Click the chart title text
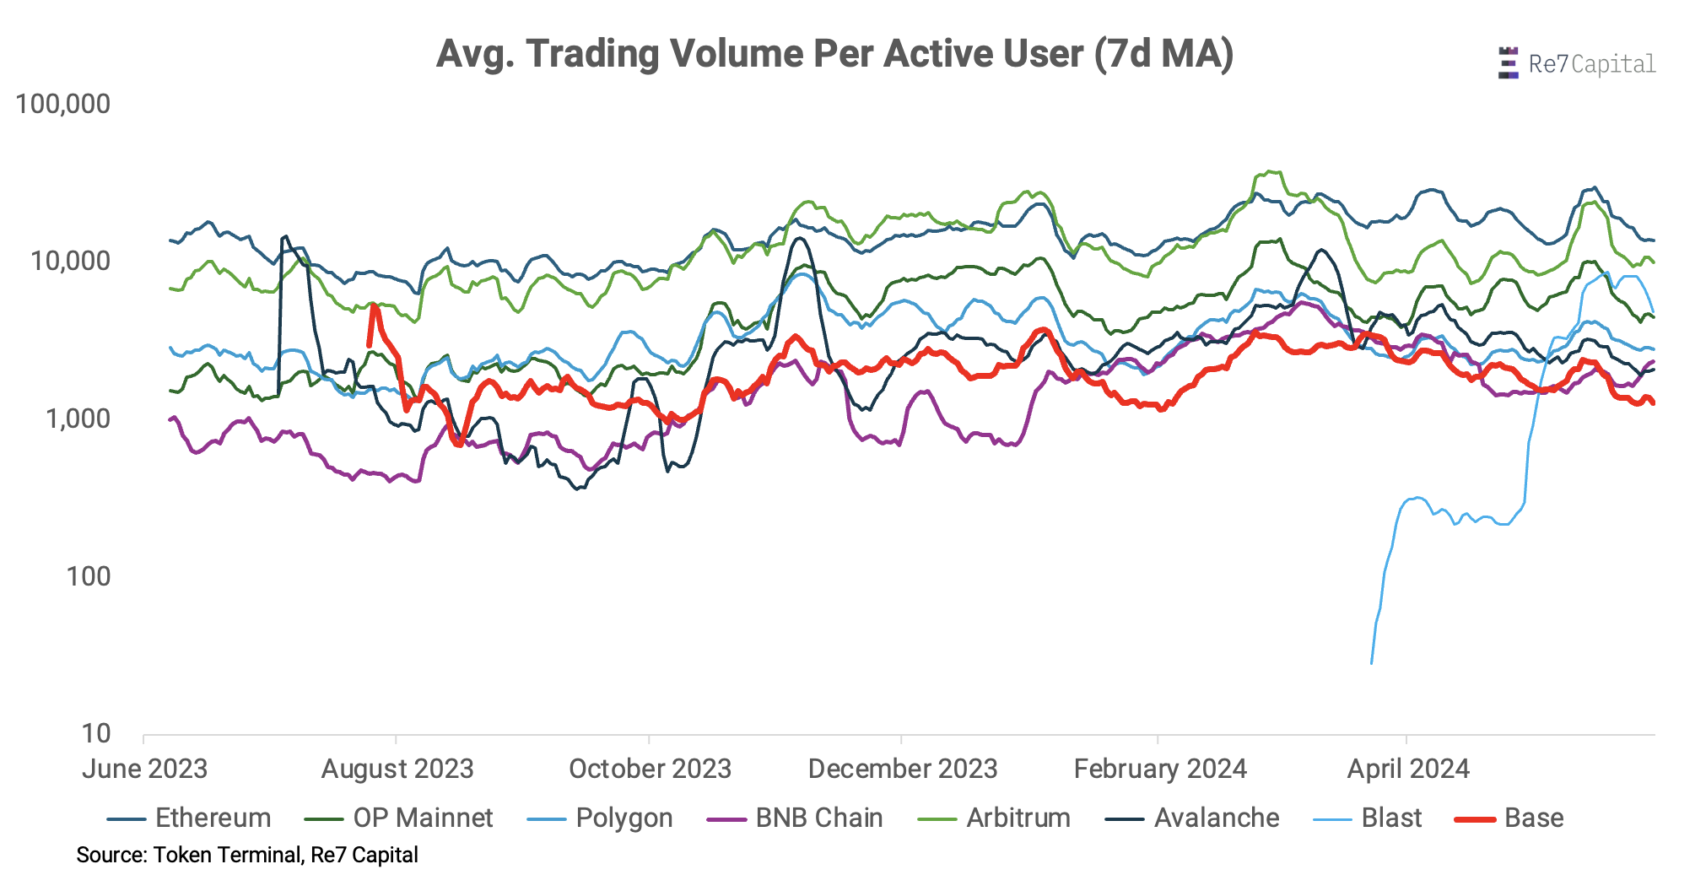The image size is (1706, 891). pyautogui.click(x=834, y=54)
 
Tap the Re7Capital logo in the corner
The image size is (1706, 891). pyautogui.click(x=1576, y=64)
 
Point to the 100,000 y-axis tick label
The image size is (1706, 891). pyautogui.click(x=63, y=105)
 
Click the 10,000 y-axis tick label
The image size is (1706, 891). pyautogui.click(x=71, y=262)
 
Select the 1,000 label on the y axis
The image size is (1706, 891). pyautogui.click(x=78, y=418)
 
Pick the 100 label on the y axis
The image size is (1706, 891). pyautogui.click(x=89, y=577)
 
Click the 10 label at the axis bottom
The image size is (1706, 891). pyautogui.click(x=96, y=733)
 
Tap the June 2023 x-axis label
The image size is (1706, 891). pyautogui.click(x=144, y=769)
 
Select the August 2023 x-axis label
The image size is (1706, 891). pyautogui.click(x=397, y=769)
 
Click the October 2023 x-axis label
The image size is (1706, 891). pyautogui.click(x=650, y=769)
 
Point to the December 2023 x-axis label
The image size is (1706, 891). pyautogui.click(x=903, y=769)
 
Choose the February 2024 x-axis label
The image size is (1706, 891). pyautogui.click(x=1160, y=769)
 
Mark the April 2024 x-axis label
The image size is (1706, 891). pyautogui.click(x=1408, y=769)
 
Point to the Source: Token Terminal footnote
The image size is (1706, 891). pyautogui.click(x=247, y=855)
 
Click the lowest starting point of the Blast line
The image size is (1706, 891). pyautogui.click(x=1371, y=663)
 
